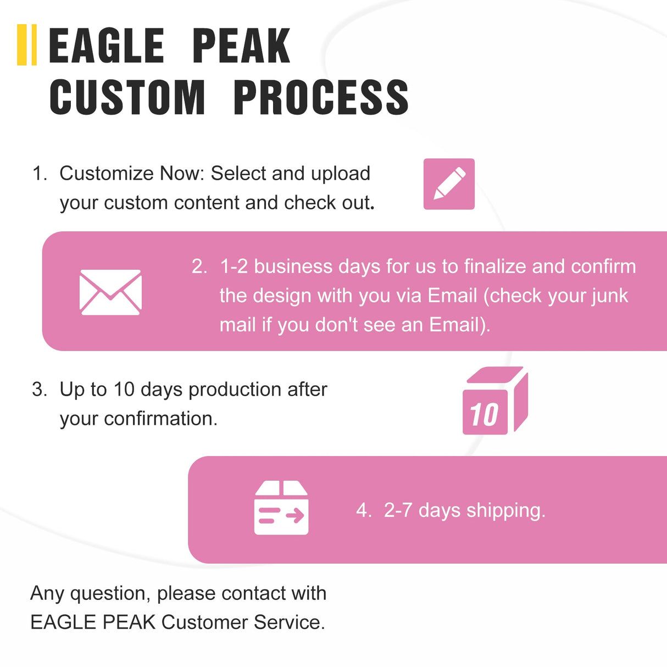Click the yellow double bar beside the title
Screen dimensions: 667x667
27,45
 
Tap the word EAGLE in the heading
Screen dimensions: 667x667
107,46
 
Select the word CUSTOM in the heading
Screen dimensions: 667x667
127,97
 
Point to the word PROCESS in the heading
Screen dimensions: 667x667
321,97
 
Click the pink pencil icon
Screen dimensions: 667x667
449,184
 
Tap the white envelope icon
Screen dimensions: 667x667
110,292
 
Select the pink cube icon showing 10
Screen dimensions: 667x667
494,402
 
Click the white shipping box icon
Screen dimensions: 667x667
281,508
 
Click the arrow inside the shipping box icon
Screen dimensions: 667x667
295,515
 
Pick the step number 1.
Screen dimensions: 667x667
39,174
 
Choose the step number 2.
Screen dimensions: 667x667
199,266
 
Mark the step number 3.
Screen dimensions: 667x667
39,390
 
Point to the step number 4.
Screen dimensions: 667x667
363,510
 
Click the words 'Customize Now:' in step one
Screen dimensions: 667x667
132,174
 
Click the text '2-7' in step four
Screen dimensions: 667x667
398,510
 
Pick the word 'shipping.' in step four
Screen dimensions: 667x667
505,511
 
